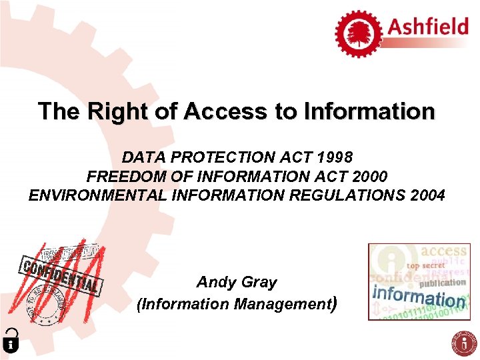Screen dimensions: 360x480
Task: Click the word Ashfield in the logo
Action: (429, 28)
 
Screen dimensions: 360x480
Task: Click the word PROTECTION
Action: (219, 157)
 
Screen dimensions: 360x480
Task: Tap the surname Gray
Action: (259, 282)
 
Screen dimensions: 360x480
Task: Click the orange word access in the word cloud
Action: (443, 251)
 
